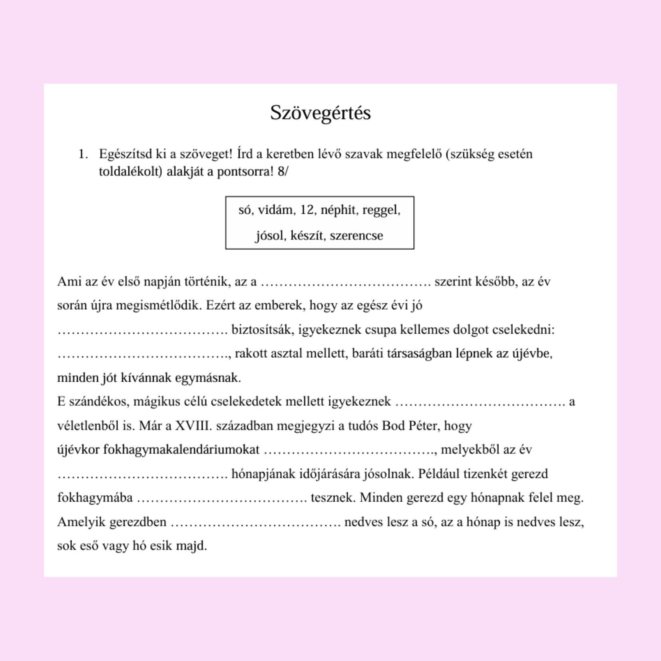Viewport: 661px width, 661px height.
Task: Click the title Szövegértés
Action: [320, 113]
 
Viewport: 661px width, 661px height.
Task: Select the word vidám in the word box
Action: [275, 209]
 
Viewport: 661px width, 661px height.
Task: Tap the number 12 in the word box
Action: [307, 209]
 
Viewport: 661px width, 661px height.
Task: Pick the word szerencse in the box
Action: [356, 235]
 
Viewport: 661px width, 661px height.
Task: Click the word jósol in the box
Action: [271, 235]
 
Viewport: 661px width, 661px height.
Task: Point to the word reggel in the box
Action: [381, 209]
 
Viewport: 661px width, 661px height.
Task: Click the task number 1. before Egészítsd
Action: [83, 154]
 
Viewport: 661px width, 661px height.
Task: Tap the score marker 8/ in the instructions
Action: [282, 172]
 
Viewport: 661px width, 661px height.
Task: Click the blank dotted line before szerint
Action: [345, 282]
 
